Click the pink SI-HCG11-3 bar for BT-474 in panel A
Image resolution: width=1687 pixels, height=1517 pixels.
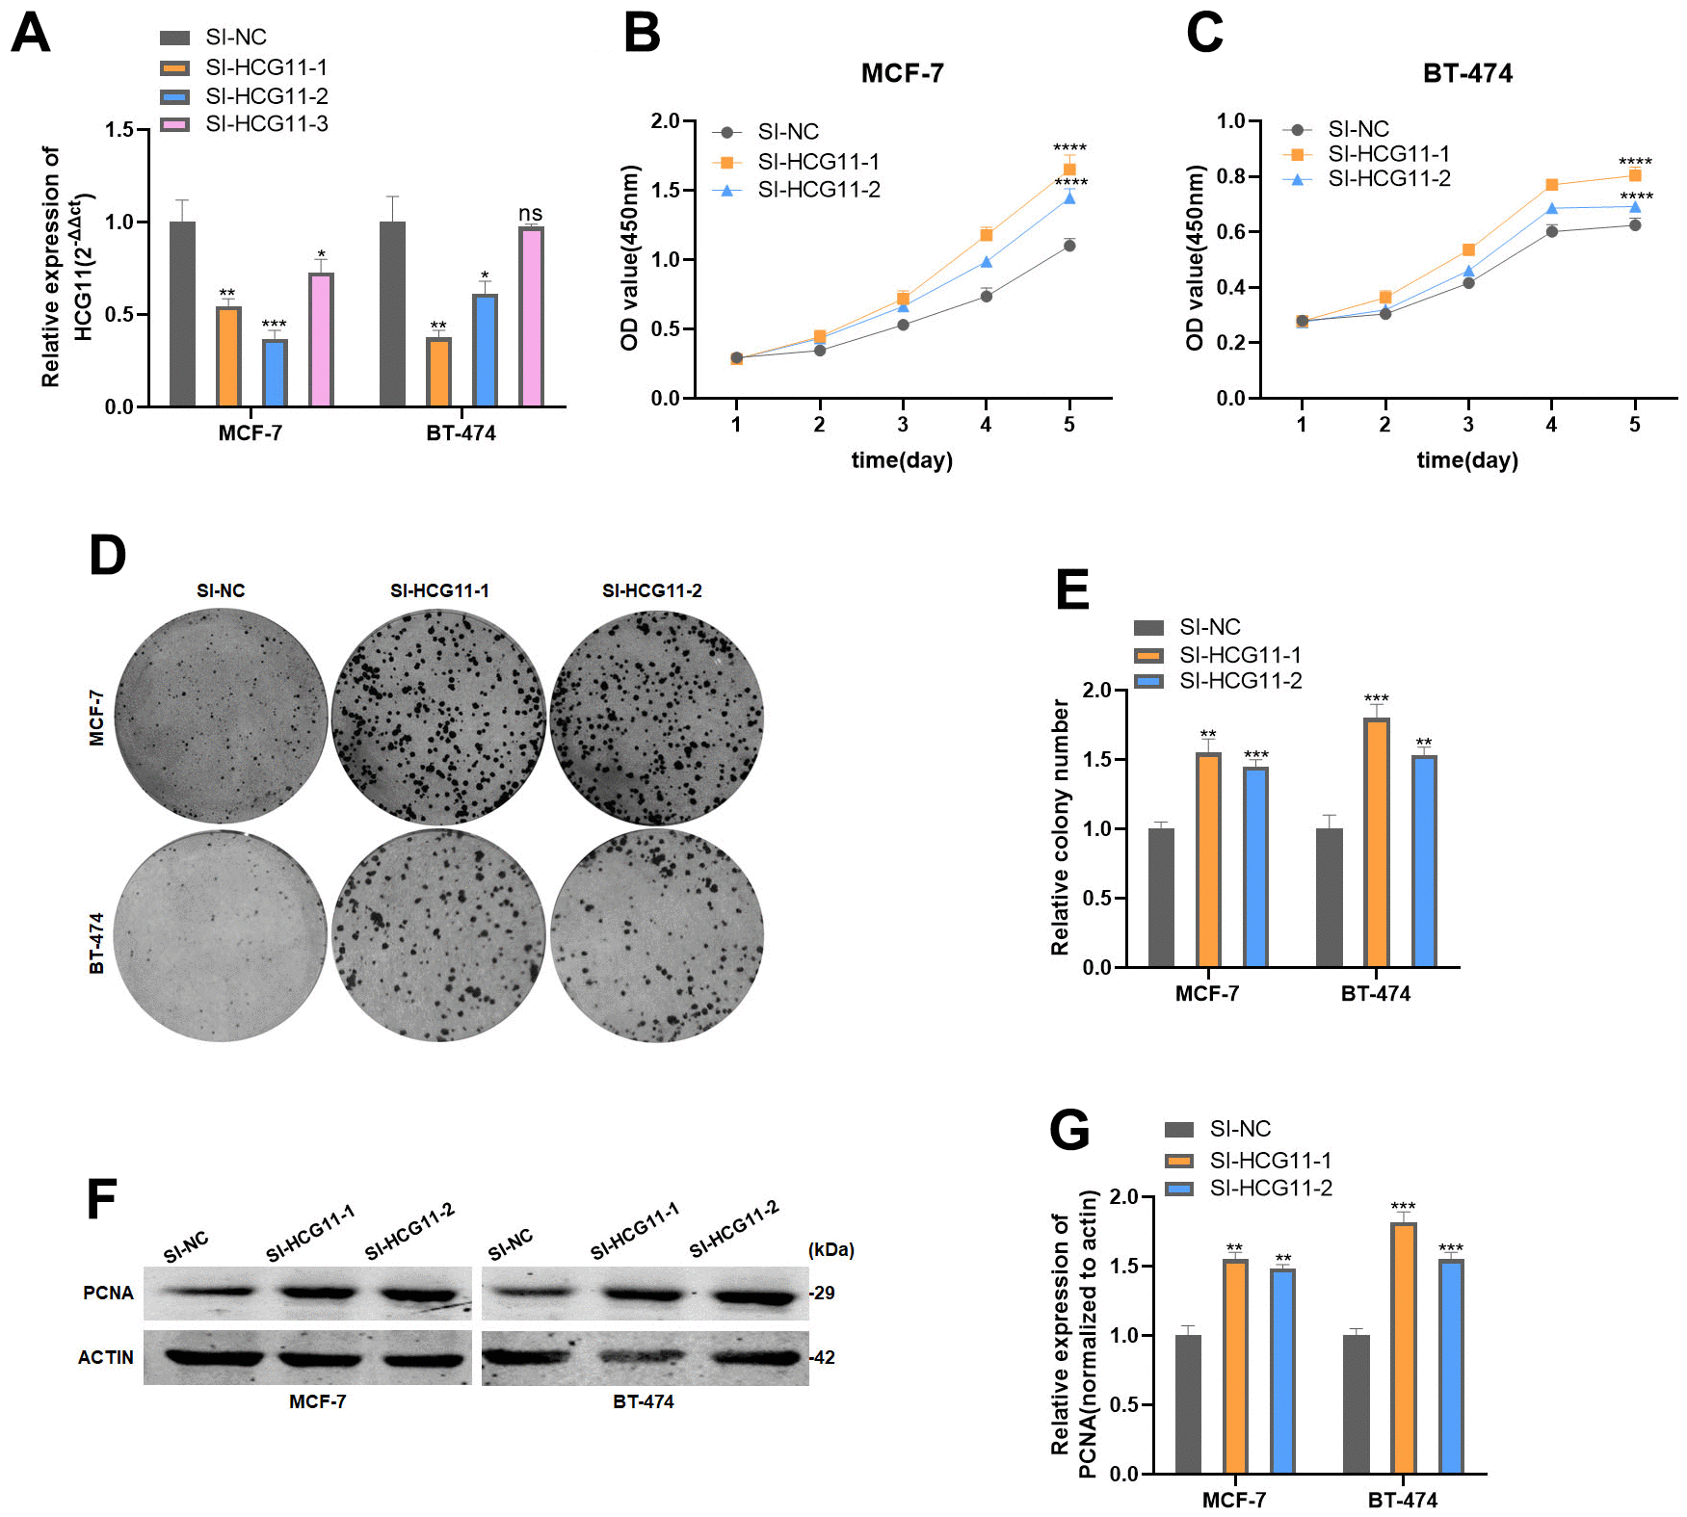[531, 317]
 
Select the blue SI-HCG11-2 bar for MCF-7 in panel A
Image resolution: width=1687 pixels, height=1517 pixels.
[275, 373]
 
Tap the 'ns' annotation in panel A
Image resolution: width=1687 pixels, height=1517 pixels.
[530, 213]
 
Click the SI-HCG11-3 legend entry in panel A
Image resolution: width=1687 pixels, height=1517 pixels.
[266, 124]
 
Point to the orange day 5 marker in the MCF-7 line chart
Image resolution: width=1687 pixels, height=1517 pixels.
[1069, 170]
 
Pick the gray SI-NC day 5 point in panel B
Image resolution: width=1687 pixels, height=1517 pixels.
[1069, 246]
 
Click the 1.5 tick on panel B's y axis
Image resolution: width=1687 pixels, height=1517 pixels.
[665, 191]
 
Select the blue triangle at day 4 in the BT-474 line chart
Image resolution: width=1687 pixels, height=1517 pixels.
[1551, 209]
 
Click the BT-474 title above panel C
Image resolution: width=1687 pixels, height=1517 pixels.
[1466, 73]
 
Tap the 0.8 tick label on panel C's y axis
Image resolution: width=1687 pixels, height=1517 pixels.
[1230, 176]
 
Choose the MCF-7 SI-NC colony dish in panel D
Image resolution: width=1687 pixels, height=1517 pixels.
[222, 716]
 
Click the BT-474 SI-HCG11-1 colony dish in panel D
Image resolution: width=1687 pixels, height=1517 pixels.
[438, 934]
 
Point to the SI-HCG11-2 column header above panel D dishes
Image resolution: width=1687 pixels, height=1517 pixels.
[651, 590]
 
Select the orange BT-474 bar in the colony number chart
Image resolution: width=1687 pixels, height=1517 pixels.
[1376, 843]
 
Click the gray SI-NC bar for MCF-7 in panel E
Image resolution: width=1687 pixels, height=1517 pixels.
[1161, 897]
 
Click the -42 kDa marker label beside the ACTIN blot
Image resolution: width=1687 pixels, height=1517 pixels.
[822, 1357]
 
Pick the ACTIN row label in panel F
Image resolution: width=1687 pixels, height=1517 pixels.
[106, 1357]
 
